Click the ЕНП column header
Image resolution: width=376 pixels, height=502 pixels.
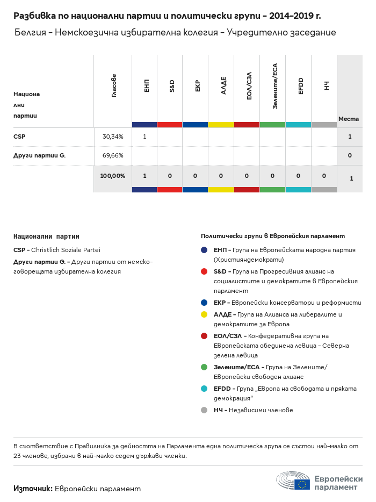(147, 85)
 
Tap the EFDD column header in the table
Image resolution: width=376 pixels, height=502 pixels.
(301, 86)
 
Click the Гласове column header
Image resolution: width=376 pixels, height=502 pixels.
(114, 85)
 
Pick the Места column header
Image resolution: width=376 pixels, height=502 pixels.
(349, 118)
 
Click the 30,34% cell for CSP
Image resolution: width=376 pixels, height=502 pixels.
(113, 137)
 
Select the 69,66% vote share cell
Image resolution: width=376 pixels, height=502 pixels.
(113, 155)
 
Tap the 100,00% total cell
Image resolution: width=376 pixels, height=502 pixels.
(113, 176)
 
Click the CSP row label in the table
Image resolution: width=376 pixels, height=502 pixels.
(19, 137)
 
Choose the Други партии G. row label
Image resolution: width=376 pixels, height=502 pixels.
(39, 155)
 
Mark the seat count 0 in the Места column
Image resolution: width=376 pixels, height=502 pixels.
(350, 155)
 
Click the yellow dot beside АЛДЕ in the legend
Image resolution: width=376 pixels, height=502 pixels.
(204, 314)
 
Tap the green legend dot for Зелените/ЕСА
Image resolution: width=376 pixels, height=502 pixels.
(204, 367)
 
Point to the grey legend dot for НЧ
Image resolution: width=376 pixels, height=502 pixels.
(204, 410)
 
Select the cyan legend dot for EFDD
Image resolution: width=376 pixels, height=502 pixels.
(204, 389)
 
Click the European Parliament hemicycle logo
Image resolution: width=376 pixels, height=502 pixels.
(293, 481)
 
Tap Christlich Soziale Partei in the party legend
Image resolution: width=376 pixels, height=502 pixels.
(66, 250)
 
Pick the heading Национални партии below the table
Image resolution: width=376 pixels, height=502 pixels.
(46, 236)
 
